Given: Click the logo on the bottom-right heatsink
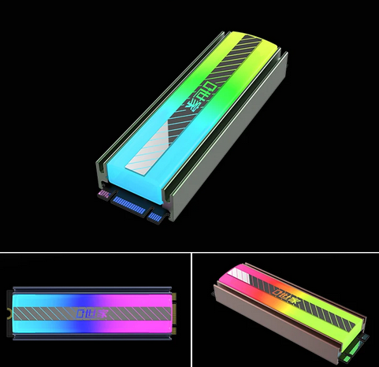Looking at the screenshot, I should [288, 302].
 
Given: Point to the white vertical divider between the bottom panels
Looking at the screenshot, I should [190, 310].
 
